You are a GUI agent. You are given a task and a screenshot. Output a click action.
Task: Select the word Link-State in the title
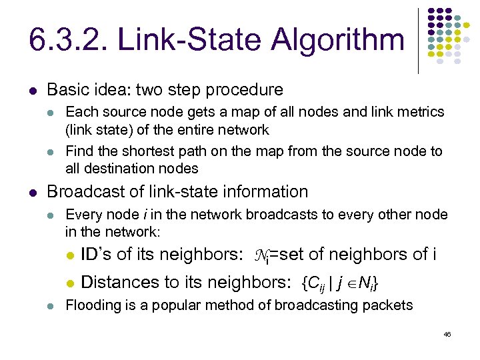click(x=193, y=40)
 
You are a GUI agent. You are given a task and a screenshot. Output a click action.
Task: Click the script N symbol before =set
click(x=261, y=255)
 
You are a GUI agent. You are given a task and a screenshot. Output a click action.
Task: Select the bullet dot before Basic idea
click(x=33, y=90)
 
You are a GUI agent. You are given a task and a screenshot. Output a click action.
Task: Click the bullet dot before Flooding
click(x=52, y=306)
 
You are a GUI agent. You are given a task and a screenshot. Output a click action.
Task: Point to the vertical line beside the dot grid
click(x=419, y=40)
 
